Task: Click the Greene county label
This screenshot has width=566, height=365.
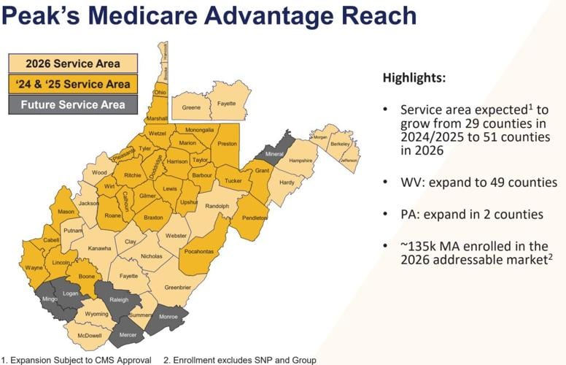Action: point(191,108)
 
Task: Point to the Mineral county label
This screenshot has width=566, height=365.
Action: point(275,155)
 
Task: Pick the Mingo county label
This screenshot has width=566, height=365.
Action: point(49,299)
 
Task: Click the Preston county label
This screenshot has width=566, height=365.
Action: point(228,145)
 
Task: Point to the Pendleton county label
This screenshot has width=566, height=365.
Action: point(256,218)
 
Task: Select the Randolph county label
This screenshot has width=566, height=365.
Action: point(217,207)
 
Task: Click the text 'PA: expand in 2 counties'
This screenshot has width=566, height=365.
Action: point(470,215)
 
